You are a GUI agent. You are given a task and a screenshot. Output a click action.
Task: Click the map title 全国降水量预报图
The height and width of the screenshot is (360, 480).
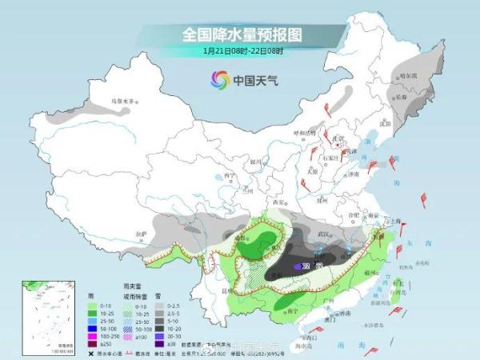tap(240, 34)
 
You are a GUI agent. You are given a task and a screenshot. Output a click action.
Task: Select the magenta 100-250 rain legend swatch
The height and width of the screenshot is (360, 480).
tap(91, 334)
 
